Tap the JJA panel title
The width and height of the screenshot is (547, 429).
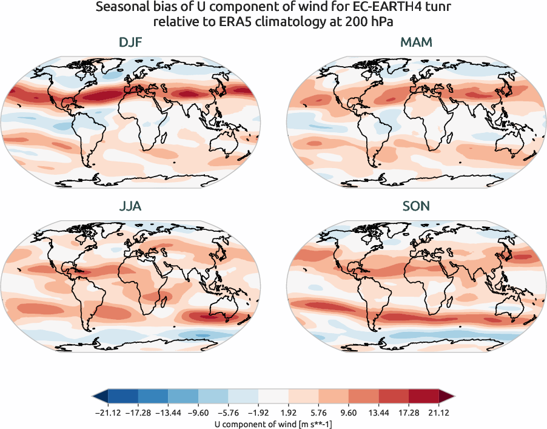(x=131, y=206)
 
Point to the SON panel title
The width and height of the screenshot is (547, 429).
(x=417, y=206)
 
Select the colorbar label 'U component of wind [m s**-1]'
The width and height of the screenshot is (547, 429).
(x=273, y=424)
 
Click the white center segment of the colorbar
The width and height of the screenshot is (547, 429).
(x=273, y=397)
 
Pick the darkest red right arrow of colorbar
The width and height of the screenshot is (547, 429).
(x=447, y=397)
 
